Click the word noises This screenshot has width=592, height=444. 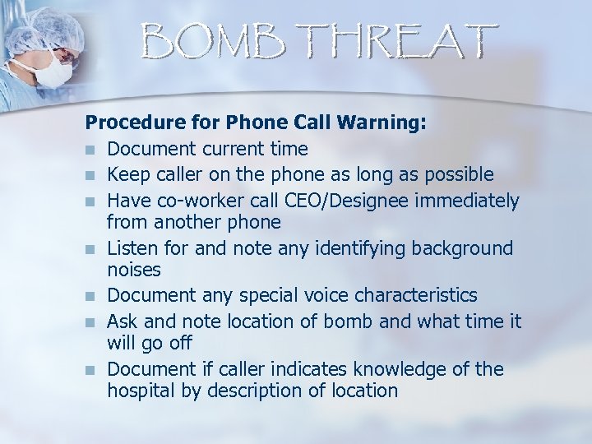click(x=134, y=270)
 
